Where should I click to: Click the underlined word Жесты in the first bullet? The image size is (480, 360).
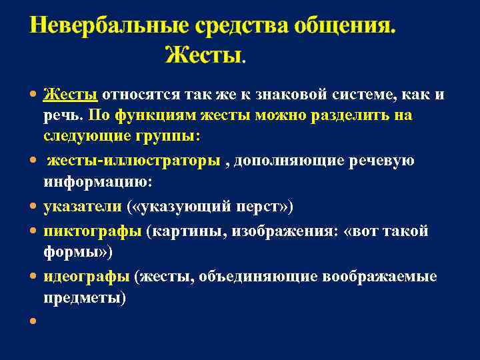click(71, 94)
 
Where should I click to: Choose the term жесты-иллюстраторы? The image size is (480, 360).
click(133, 161)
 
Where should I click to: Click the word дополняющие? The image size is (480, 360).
click(279, 161)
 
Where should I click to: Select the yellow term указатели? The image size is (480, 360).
click(83, 207)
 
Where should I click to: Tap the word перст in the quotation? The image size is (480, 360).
click(257, 207)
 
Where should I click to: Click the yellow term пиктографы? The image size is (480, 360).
click(93, 231)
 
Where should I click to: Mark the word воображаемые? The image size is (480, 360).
click(379, 277)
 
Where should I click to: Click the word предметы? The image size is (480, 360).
click(83, 298)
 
